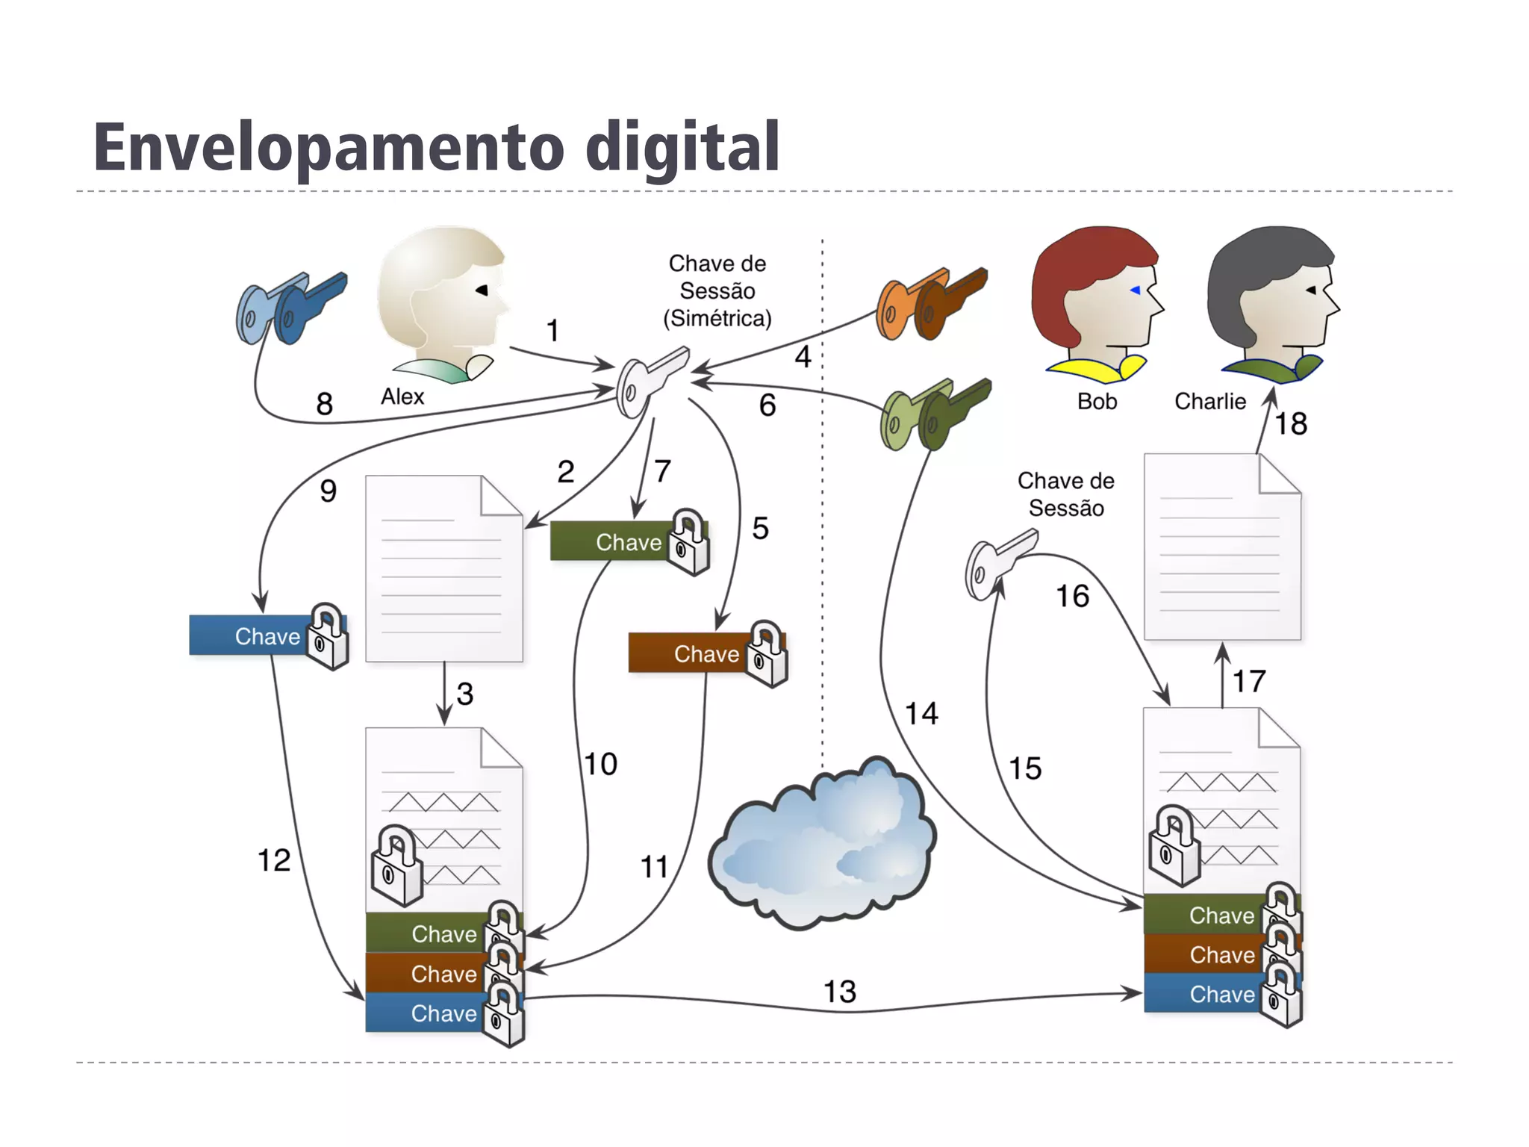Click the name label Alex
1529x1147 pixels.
[402, 397]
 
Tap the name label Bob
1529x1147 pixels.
[1097, 402]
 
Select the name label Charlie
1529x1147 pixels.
[1209, 402]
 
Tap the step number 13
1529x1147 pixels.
[839, 992]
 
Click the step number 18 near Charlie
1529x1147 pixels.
[1291, 424]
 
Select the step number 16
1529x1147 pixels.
[1072, 596]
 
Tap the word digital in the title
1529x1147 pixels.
[682, 147]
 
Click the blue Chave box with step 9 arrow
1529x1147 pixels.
[254, 636]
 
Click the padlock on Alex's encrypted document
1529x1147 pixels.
[396, 866]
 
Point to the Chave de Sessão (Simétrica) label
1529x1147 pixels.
[717, 291]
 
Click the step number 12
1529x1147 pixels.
[273, 860]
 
